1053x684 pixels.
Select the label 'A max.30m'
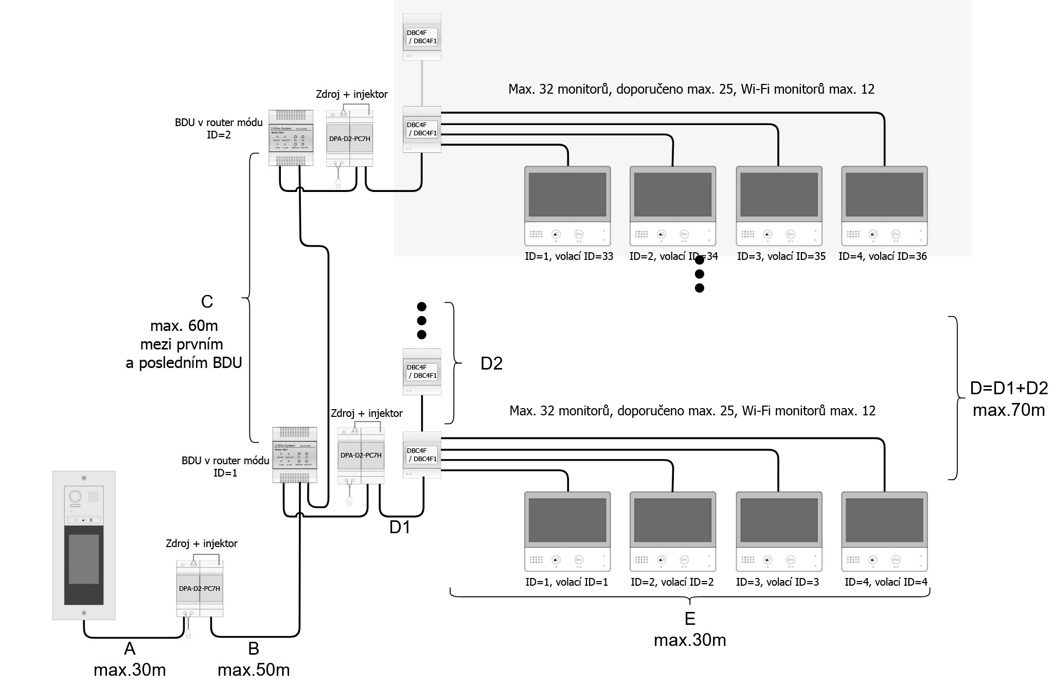pos(130,659)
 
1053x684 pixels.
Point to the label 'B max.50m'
pos(254,659)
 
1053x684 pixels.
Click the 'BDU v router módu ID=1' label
pos(225,466)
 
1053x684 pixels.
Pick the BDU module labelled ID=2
pos(291,138)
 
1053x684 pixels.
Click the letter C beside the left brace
pos(207,302)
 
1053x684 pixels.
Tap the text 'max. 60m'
pos(184,326)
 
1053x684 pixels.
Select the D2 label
pos(491,364)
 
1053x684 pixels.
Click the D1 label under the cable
pos(400,528)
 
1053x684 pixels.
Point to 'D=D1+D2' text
pos(1009,388)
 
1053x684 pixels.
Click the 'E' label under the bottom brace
pos(689,618)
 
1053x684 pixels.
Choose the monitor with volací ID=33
pos(567,206)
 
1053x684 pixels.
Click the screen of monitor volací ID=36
pos(884,195)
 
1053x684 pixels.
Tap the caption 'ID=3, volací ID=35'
pos(781,256)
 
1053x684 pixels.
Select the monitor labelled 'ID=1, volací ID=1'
pos(567,532)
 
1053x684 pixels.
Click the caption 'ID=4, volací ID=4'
pos(886,582)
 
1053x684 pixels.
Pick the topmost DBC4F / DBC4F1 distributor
pos(422,37)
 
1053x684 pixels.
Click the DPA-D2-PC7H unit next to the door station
pos(200,588)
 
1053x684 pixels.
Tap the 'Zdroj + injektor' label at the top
pos(351,94)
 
